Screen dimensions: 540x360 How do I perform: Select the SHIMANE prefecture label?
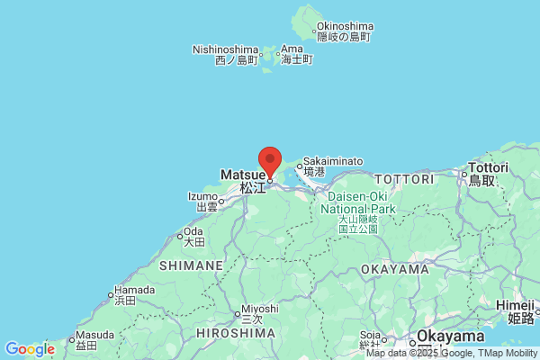(x=191, y=265)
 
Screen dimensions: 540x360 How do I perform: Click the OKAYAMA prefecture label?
(x=395, y=269)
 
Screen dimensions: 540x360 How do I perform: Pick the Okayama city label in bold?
(x=450, y=336)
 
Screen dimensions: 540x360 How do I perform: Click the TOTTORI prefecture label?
(x=403, y=179)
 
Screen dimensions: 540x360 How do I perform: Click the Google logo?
(x=30, y=349)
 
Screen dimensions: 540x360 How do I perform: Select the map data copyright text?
(x=451, y=353)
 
